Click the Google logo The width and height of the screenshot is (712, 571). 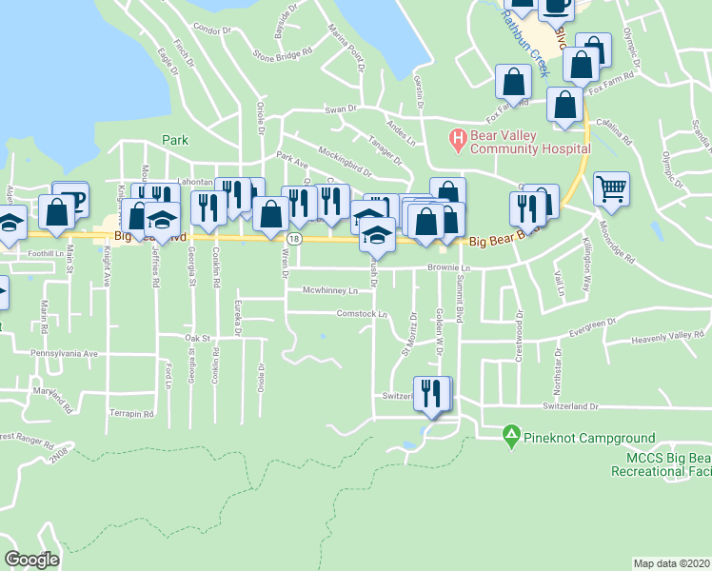pyautogui.click(x=32, y=560)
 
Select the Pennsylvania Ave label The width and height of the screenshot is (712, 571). pyautogui.click(x=64, y=353)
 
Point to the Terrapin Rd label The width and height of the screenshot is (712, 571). pyautogui.click(x=130, y=414)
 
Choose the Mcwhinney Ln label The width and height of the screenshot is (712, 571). pyautogui.click(x=329, y=290)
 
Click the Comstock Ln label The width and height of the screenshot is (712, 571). pyautogui.click(x=363, y=313)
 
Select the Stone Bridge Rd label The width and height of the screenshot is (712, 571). pyautogui.click(x=282, y=54)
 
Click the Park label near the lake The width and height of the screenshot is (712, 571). pyautogui.click(x=175, y=140)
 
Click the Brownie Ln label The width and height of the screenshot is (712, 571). pyautogui.click(x=449, y=268)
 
